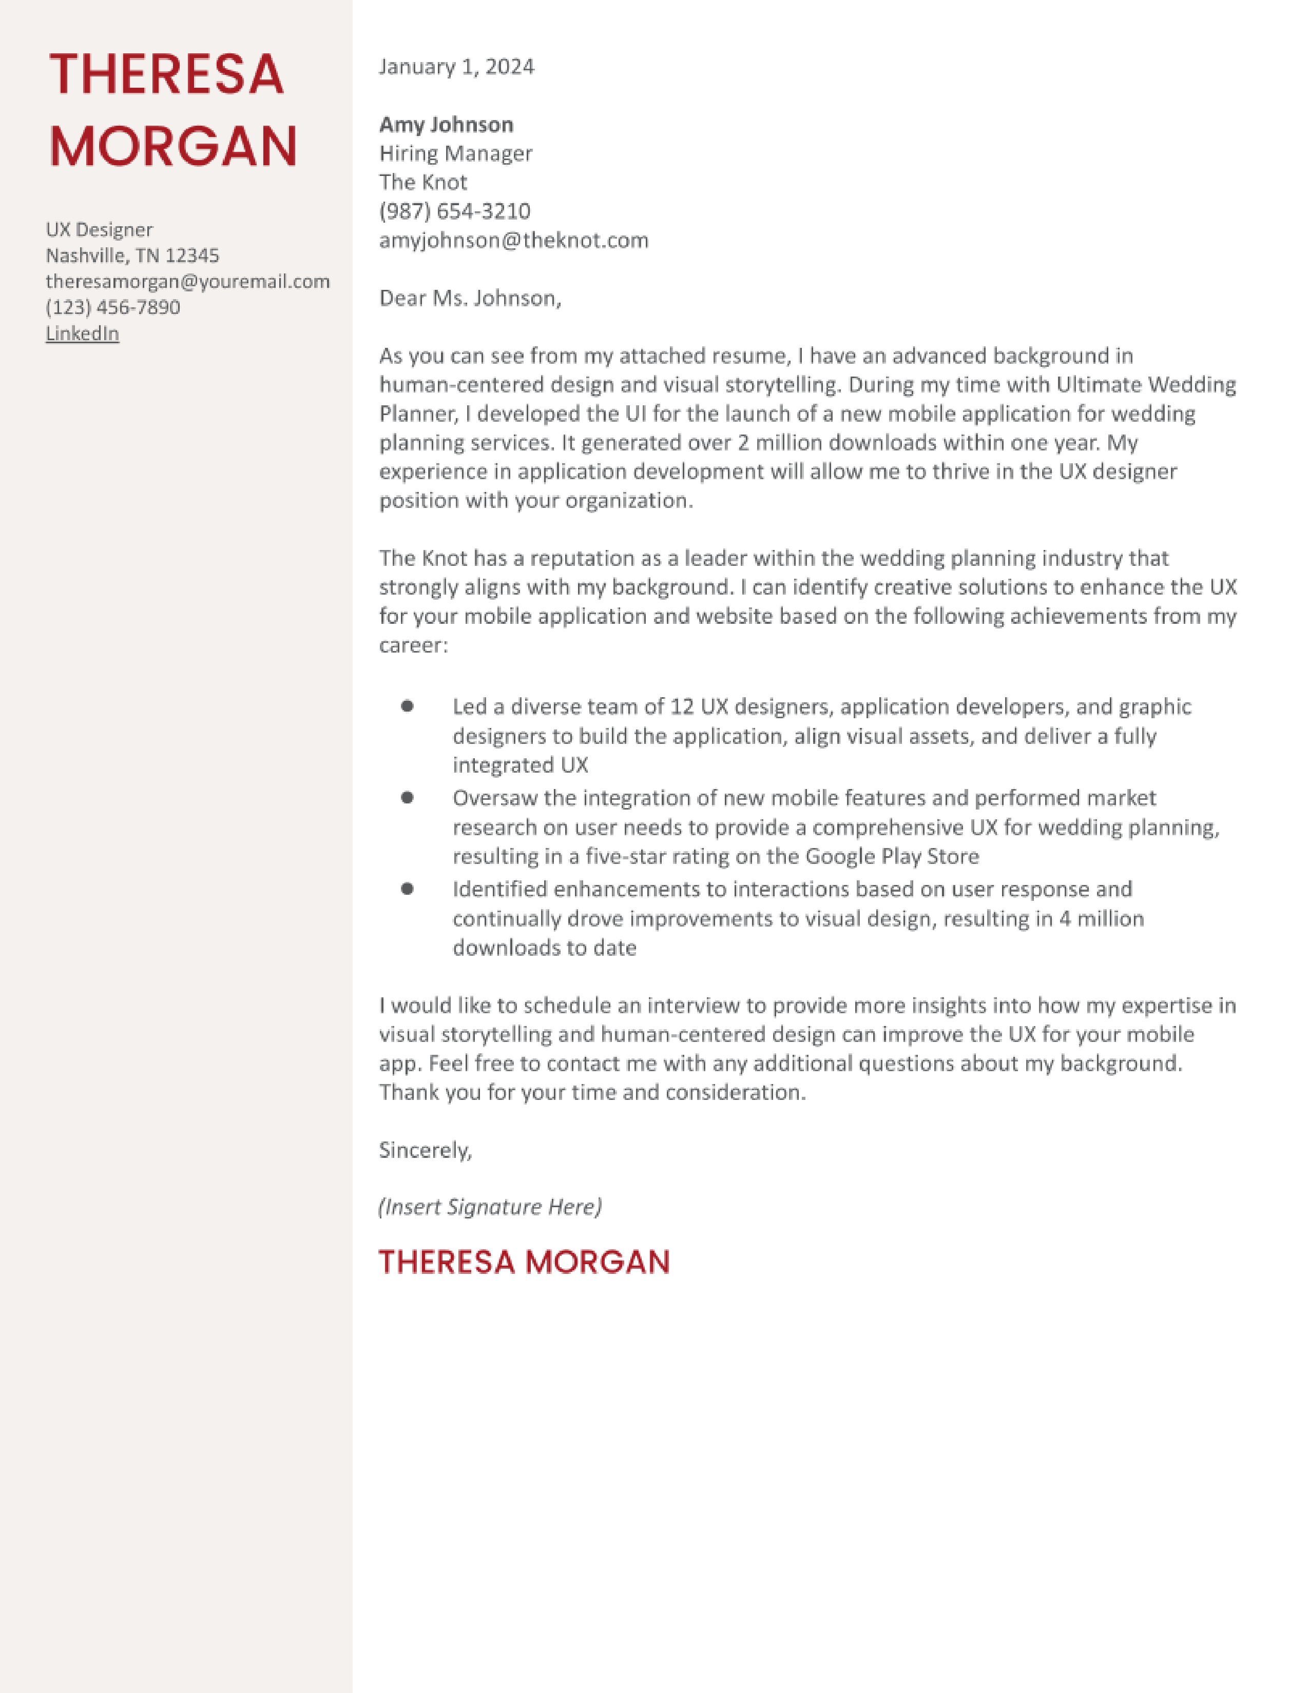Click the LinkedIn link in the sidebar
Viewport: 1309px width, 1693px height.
coord(82,333)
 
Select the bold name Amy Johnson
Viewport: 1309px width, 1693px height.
coord(446,125)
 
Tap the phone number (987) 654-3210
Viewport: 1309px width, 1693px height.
coord(454,211)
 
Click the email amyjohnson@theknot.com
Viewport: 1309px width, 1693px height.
coord(513,240)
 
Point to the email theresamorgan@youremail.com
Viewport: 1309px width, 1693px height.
coord(188,281)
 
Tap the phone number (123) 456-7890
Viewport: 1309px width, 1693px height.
coord(113,307)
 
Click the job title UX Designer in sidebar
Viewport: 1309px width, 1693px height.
coord(99,229)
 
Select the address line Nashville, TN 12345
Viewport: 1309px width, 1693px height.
coord(132,255)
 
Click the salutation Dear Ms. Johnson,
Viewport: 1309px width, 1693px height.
coord(470,299)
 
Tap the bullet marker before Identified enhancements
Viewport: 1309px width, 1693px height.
coord(407,889)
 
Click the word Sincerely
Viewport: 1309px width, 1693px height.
coord(424,1150)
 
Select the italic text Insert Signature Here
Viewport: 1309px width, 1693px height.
coord(490,1207)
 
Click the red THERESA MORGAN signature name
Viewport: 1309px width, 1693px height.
coord(524,1262)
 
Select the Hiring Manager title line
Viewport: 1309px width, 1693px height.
coord(455,153)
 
